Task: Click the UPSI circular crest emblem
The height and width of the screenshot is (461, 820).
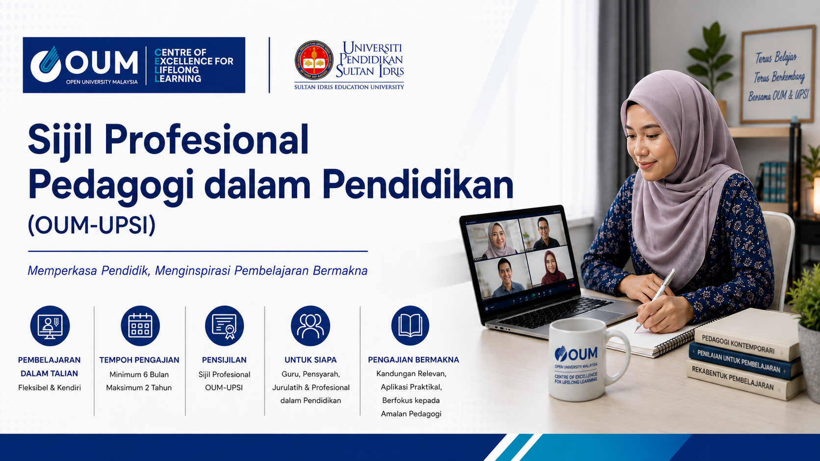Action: click(x=314, y=60)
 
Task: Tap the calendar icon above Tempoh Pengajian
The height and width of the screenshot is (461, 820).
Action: click(x=140, y=325)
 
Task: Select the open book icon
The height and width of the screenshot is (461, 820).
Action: click(x=410, y=325)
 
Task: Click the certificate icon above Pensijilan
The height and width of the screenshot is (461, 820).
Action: click(x=225, y=325)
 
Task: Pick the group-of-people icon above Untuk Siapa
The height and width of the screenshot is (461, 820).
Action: click(x=310, y=325)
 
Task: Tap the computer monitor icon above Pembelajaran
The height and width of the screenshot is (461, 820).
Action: click(x=50, y=325)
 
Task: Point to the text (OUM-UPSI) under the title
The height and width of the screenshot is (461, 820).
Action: click(x=92, y=224)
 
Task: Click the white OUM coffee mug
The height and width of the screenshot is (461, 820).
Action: click(x=586, y=360)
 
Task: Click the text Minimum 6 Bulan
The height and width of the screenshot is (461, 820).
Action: click(x=139, y=374)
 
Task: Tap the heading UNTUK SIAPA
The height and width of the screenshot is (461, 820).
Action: click(x=310, y=360)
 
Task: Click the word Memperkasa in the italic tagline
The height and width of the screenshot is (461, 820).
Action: click(x=63, y=271)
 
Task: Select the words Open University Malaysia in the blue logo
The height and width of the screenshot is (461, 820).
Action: click(x=102, y=82)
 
